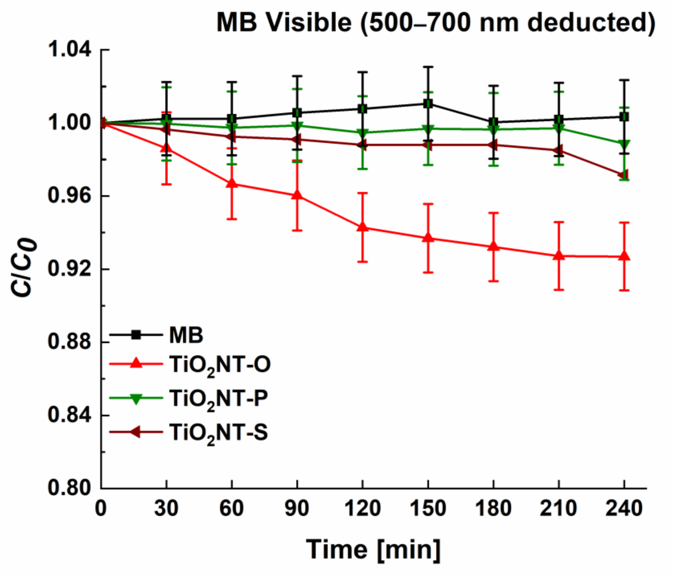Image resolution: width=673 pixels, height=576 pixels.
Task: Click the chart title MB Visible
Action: pos(436,23)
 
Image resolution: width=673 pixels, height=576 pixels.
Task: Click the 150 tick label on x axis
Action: pos(428,509)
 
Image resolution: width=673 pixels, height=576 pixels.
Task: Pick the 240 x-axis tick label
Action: pos(624,509)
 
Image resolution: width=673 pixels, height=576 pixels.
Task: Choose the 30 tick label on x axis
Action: pos(166,509)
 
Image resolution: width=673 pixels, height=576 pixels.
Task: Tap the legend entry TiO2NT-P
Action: pos(218,399)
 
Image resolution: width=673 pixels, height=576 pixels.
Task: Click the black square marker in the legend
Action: pos(136,335)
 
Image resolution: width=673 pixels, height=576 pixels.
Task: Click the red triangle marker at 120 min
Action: pos(362,227)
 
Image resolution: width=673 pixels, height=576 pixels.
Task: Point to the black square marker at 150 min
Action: pos(428,104)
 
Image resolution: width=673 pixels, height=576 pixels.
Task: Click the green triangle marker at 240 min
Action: pos(624,144)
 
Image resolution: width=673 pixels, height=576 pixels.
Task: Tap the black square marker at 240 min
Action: pos(624,117)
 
